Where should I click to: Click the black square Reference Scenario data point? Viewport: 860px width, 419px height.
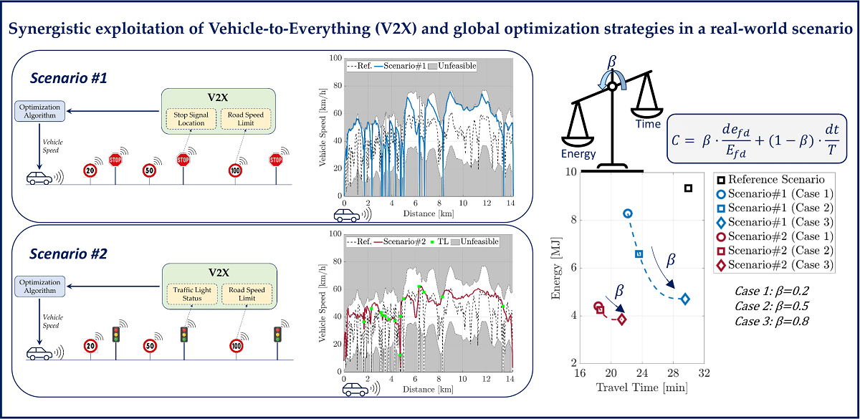pyautogui.click(x=688, y=188)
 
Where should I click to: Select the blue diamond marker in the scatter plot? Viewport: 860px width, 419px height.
pyautogui.click(x=685, y=299)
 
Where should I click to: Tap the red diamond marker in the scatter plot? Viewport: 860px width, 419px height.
pyautogui.click(x=621, y=319)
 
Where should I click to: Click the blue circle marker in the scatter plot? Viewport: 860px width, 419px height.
pyautogui.click(x=628, y=213)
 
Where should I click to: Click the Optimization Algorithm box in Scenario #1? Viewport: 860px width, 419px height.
pyautogui.click(x=41, y=110)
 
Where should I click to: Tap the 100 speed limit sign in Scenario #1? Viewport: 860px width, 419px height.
pyautogui.click(x=235, y=170)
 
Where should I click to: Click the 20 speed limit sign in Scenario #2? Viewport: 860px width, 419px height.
pyautogui.click(x=90, y=345)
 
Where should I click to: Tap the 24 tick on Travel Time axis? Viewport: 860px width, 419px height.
pyautogui.click(x=642, y=373)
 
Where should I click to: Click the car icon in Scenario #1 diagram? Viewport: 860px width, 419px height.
pyautogui.click(x=37, y=178)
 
